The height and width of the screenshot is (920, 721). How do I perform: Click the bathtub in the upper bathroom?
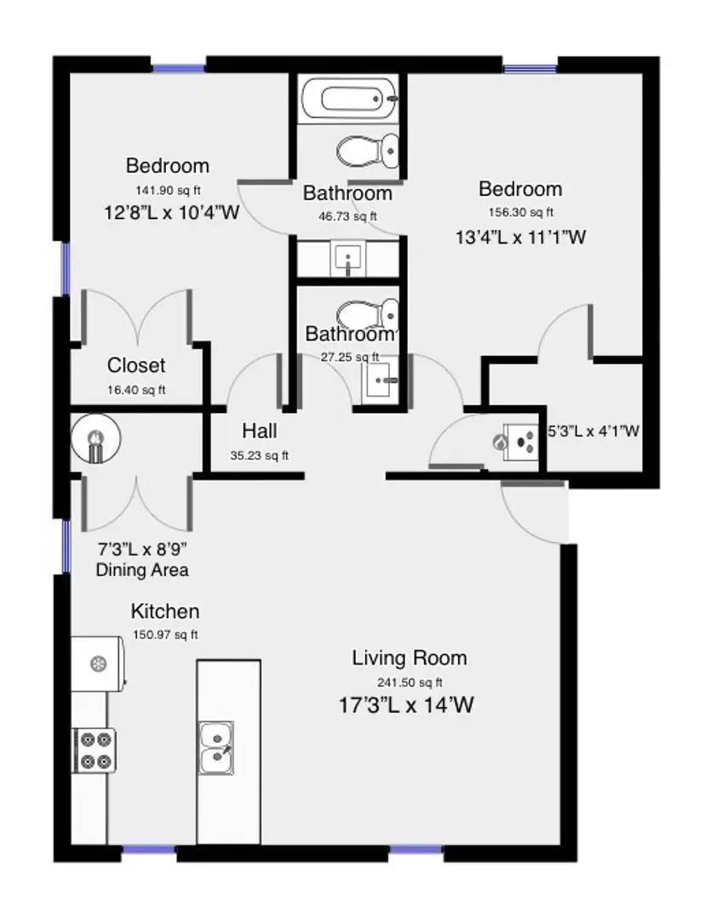click(x=350, y=100)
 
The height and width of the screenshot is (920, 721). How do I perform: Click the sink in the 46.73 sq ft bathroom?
click(x=347, y=258)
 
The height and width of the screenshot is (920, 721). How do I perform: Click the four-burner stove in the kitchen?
click(x=94, y=750)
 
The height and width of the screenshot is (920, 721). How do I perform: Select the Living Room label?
click(x=409, y=658)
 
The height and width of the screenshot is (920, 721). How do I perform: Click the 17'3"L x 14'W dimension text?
click(x=405, y=704)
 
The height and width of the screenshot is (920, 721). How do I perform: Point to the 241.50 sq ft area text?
click(x=409, y=681)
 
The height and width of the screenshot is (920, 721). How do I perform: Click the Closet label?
click(x=136, y=365)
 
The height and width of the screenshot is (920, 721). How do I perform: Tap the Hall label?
click(x=259, y=431)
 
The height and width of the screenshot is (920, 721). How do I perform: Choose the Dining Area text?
click(x=142, y=570)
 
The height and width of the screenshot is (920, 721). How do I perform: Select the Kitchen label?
click(x=164, y=612)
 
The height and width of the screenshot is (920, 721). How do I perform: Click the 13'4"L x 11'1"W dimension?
click(x=520, y=238)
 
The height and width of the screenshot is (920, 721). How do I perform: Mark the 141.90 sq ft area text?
click(x=167, y=190)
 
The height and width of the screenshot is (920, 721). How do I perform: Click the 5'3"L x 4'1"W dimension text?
click(x=592, y=432)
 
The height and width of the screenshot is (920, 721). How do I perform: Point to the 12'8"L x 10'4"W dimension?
click(x=170, y=213)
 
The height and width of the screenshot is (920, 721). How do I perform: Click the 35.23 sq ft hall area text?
click(x=259, y=456)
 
